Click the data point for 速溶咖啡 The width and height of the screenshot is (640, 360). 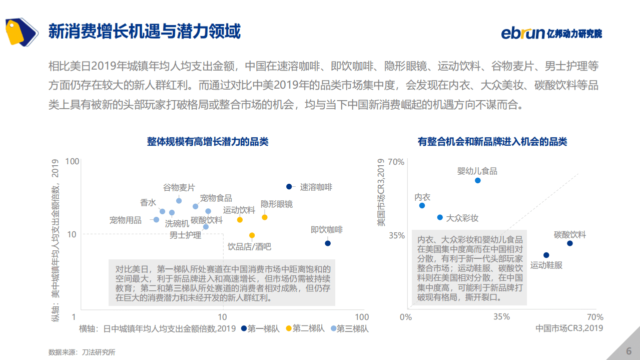289,187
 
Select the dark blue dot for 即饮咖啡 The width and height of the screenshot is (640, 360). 328,243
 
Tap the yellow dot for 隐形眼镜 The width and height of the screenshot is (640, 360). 265,217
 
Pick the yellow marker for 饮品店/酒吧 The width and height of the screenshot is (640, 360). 252,235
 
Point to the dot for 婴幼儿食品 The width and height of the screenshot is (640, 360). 477,180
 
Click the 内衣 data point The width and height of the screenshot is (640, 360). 422,205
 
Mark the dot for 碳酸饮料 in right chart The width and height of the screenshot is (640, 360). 569,243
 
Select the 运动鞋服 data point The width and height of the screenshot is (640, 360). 546,255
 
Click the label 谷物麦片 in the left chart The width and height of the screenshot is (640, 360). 179,188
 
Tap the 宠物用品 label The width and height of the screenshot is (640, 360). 125,220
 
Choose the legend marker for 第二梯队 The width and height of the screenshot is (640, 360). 288,328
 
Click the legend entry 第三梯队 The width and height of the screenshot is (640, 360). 352,328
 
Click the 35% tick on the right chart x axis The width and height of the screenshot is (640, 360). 501,317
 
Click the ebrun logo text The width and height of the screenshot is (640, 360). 522,34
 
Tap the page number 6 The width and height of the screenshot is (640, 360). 628,350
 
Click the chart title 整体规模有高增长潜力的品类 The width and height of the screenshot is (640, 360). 208,142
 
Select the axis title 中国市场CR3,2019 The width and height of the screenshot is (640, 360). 569,328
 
